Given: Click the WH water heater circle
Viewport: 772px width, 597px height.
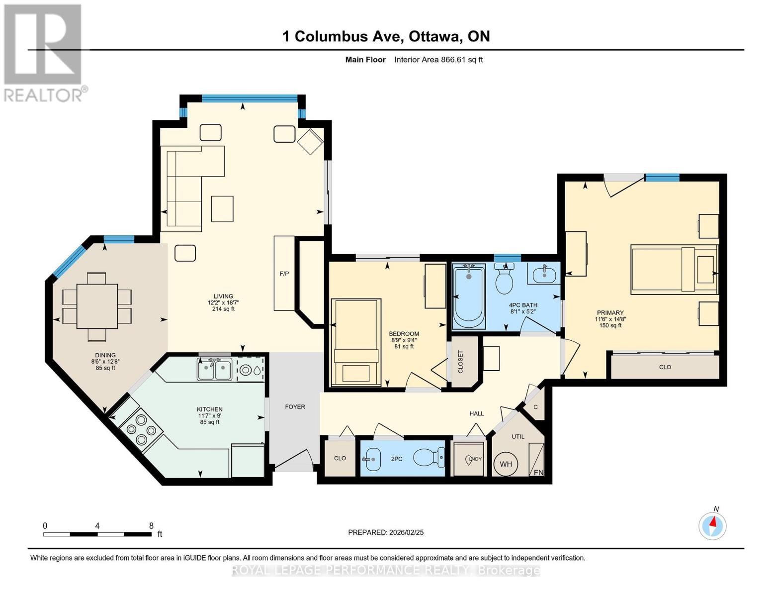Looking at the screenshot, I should [x=506, y=464].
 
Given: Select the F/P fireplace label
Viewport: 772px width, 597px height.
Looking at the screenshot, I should [x=284, y=274].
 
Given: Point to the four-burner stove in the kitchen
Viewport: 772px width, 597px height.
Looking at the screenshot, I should [x=142, y=429].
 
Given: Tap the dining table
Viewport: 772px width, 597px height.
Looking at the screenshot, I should [x=97, y=306].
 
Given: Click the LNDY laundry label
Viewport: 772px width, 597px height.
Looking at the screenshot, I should [x=474, y=459].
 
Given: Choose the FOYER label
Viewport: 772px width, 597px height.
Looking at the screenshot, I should [x=295, y=407].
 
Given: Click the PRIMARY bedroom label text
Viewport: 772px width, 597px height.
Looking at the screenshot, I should [x=609, y=313].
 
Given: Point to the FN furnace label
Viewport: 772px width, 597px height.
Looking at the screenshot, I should [x=538, y=472].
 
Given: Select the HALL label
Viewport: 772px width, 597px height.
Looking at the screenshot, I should [x=477, y=413].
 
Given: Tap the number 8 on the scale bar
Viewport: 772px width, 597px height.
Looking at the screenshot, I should [x=151, y=525].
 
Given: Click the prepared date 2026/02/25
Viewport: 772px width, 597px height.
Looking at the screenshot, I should [x=386, y=532].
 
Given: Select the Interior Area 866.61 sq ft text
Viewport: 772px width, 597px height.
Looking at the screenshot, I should [x=438, y=60].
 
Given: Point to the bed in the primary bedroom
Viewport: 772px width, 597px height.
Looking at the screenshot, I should [x=674, y=269].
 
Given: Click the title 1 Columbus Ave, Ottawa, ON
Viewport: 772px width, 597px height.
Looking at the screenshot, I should [x=386, y=36].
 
